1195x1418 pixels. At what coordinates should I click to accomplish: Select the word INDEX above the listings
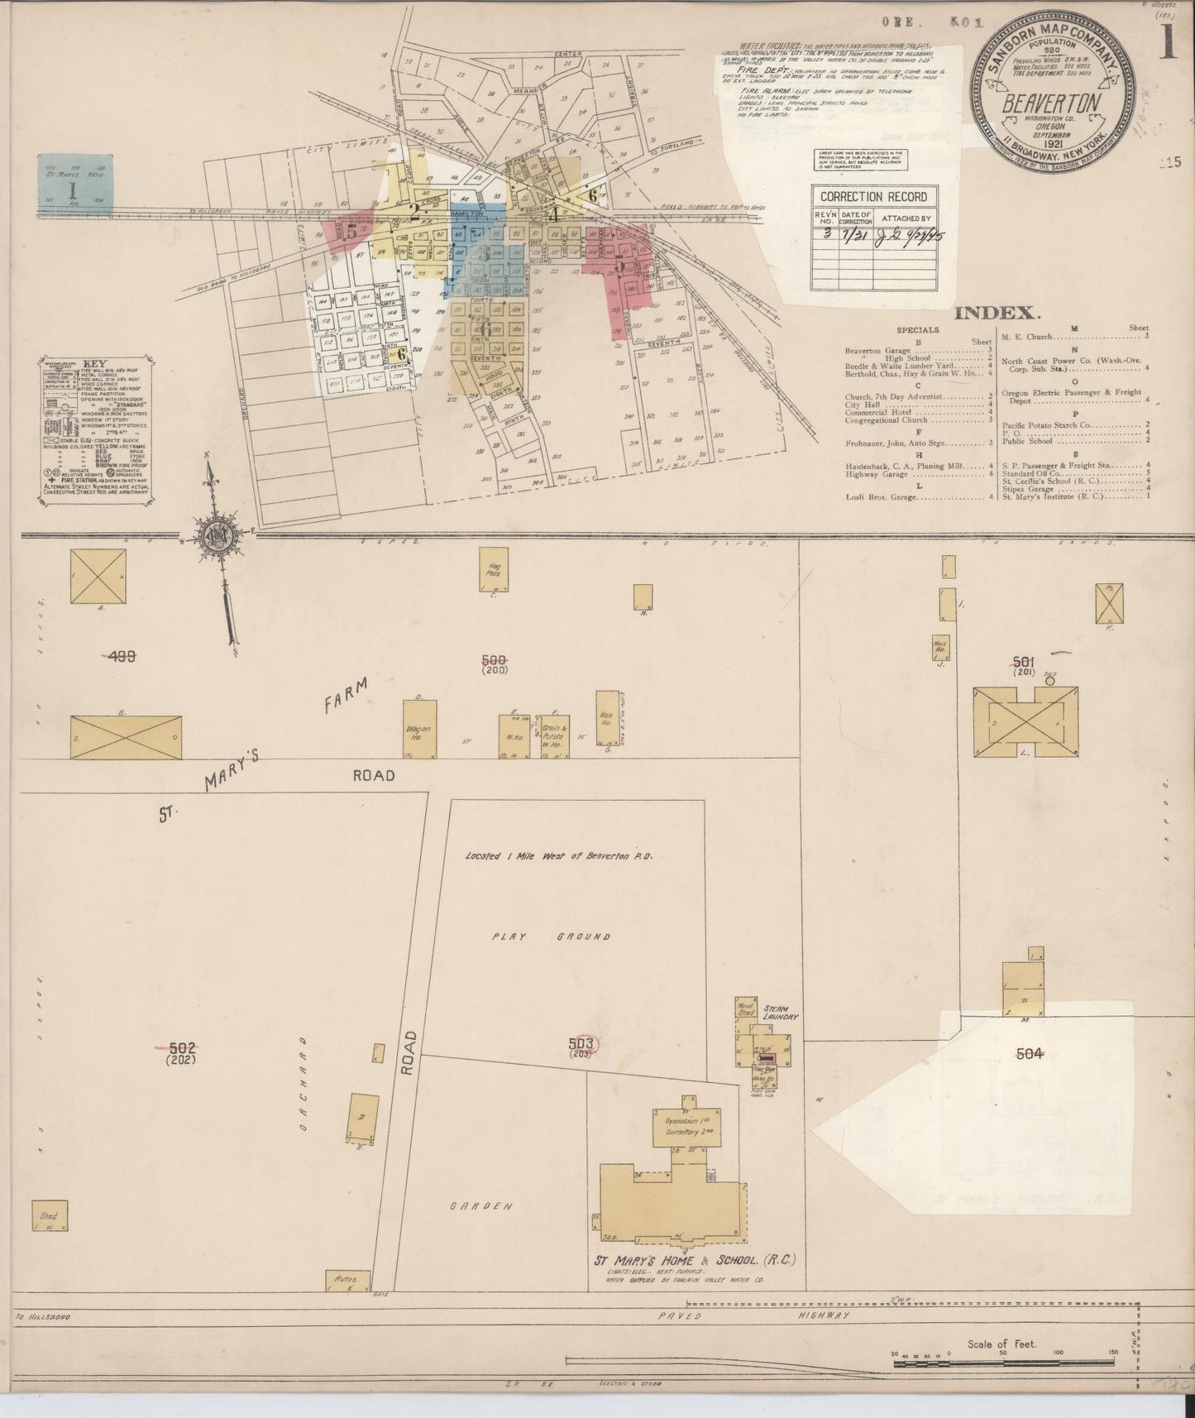tap(996, 313)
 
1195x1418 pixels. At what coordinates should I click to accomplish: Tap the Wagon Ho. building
tap(418, 730)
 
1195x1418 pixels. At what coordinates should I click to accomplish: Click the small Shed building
tap(50, 1216)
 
